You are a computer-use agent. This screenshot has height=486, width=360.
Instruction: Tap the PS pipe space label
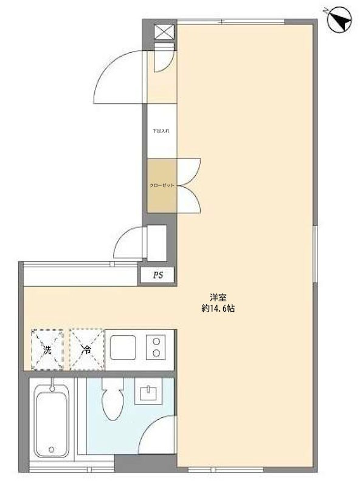coord(158,275)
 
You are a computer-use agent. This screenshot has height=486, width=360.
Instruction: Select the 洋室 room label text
coord(218,298)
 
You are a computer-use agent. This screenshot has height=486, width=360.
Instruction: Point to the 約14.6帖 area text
coord(218,309)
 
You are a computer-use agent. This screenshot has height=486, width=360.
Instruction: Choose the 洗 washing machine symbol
coord(47,349)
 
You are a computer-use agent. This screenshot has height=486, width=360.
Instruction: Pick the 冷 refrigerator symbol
coord(86,349)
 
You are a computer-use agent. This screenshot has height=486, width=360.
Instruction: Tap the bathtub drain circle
coord(51,450)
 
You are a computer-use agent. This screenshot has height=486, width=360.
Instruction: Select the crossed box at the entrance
coord(164,32)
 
